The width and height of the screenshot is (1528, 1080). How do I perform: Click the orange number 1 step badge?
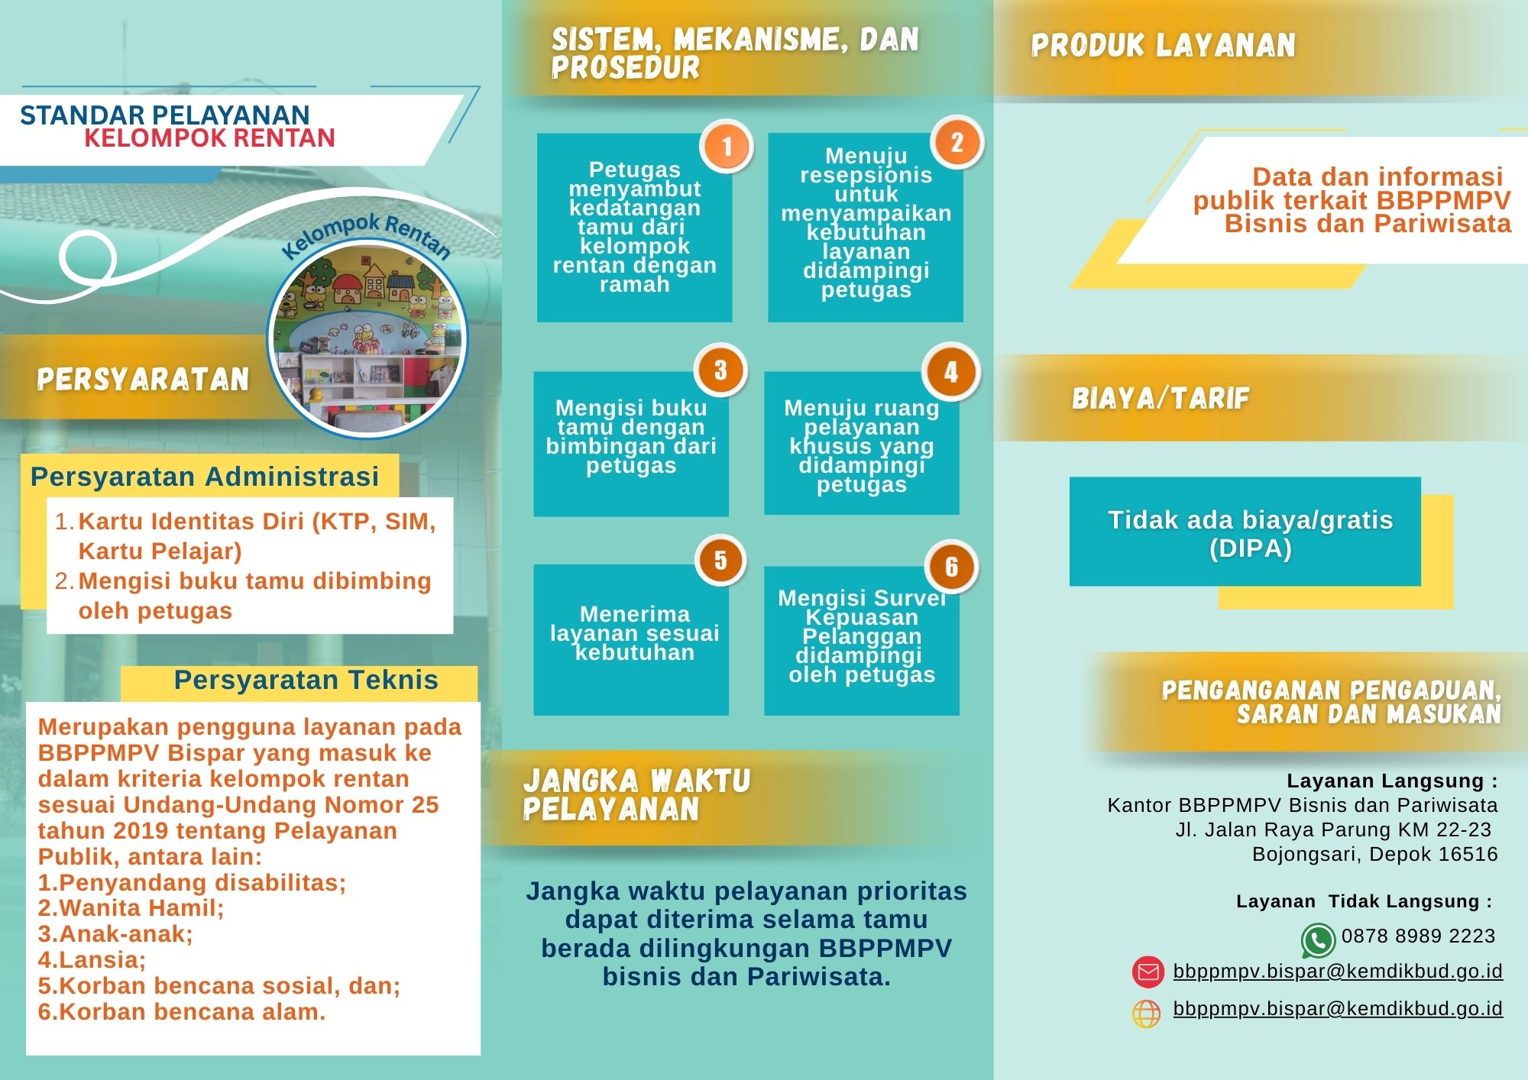point(727,146)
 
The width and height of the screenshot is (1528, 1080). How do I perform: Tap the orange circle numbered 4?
point(950,372)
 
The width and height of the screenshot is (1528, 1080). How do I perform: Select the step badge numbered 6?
point(951,567)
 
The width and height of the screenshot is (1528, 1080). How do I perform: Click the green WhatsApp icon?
point(1318,940)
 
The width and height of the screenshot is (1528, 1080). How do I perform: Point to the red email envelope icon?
point(1148,972)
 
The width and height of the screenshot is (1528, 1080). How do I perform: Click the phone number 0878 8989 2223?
point(1418,936)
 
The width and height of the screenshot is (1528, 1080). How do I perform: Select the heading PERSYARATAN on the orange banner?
point(143,380)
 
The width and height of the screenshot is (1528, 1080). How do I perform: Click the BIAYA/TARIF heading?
point(1161,398)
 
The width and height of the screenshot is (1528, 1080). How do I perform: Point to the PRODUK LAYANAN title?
point(1163,46)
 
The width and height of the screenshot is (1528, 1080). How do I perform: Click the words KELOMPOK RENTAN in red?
point(209,138)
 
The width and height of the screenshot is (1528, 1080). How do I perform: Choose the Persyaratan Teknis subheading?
point(306,680)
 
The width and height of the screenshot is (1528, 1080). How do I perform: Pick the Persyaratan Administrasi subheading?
point(205,477)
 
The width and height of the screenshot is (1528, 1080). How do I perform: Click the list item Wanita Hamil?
point(131,908)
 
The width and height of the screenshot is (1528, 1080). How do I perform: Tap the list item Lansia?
point(92,960)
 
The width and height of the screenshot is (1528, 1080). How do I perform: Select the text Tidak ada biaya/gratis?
point(1250,520)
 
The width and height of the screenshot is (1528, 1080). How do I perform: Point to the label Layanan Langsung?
point(1390,781)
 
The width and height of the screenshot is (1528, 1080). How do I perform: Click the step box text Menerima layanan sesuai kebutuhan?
point(634,633)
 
